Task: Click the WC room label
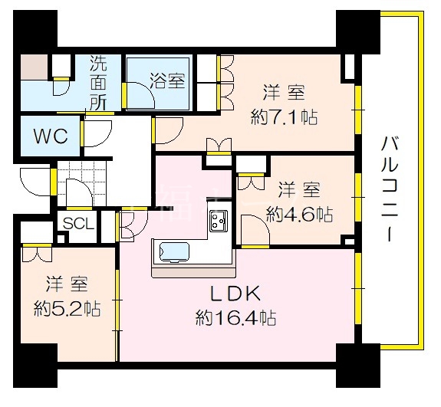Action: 51,136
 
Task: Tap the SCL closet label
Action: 78,224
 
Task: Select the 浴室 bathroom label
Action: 167,80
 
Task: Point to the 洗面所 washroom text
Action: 98,84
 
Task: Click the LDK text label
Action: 235,294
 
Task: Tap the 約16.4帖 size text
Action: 235,317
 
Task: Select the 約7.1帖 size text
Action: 284,117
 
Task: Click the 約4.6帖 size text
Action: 299,215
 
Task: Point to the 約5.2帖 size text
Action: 67,309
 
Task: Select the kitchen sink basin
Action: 174,252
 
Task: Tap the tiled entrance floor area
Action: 81,183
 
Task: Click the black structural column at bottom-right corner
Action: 358,366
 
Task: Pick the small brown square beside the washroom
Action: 34,67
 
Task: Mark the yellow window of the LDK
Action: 357,289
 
